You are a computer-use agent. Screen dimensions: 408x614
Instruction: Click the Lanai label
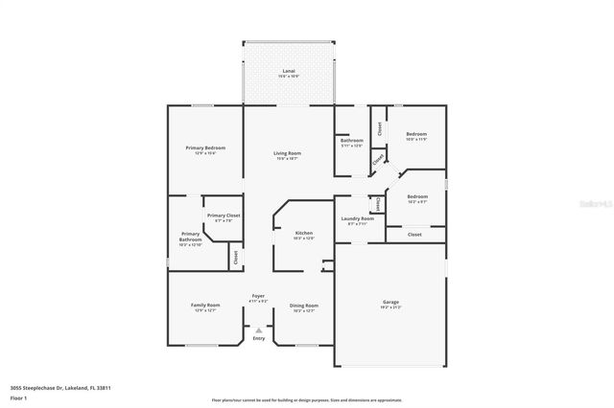click(289, 72)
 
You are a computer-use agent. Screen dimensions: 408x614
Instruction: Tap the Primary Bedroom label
click(205, 147)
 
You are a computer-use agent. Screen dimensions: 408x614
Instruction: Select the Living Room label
click(288, 153)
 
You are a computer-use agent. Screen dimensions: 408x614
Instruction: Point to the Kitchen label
click(303, 233)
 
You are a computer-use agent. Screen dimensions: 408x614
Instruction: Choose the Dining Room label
click(303, 306)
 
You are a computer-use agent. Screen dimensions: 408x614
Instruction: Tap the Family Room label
click(206, 306)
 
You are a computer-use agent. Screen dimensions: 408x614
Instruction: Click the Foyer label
click(259, 296)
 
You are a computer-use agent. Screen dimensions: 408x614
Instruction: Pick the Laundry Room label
click(357, 219)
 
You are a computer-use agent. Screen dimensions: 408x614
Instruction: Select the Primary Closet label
click(224, 215)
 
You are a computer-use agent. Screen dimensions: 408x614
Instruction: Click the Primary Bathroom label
click(190, 237)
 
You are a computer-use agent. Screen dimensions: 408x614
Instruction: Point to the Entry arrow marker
click(258, 329)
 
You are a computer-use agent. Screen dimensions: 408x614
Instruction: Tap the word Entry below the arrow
click(259, 338)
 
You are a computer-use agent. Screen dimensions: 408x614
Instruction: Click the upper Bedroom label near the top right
click(416, 133)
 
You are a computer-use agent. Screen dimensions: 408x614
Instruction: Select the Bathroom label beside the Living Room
click(351, 141)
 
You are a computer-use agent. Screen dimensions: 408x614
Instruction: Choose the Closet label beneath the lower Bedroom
click(414, 234)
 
